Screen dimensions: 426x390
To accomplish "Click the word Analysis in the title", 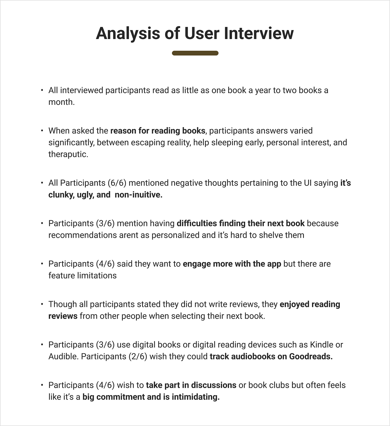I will pyautogui.click(x=128, y=33).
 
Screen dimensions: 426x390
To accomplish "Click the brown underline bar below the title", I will pyautogui.click(x=195, y=53).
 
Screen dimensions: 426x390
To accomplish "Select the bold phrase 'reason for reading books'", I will pyautogui.click(x=158, y=131).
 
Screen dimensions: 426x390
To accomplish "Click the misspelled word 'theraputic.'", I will pyautogui.click(x=68, y=154).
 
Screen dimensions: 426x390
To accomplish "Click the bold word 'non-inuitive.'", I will pyautogui.click(x=138, y=195).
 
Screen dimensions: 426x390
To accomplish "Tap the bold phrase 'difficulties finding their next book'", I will pyautogui.click(x=241, y=224).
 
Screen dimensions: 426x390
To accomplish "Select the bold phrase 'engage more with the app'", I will pyautogui.click(x=232, y=264).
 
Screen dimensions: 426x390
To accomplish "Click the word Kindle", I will pyautogui.click(x=321, y=345).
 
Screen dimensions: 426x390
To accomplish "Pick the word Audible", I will pyautogui.click(x=64, y=357).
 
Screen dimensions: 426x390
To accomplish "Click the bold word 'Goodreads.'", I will pyautogui.click(x=311, y=357).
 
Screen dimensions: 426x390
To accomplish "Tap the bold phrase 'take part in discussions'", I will pyautogui.click(x=191, y=385).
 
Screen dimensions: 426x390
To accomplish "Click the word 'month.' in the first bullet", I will pyautogui.click(x=62, y=102).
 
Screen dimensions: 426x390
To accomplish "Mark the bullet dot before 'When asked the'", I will pyautogui.click(x=42, y=131).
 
